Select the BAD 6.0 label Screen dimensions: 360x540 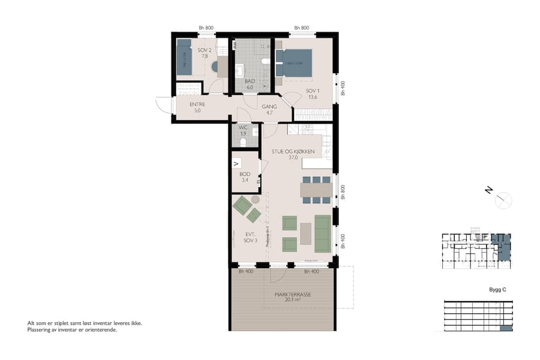[250, 83]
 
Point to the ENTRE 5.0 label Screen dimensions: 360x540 [197, 107]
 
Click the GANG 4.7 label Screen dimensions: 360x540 [269, 109]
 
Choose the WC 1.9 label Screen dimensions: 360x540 [243, 130]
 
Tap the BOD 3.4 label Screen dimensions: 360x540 [245, 176]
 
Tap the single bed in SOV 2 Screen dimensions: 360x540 [184, 57]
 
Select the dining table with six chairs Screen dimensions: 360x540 [316, 190]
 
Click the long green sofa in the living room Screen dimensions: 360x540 [323, 233]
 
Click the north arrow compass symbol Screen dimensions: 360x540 [503, 200]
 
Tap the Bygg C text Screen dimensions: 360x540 [497, 290]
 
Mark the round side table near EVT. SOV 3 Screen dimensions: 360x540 [255, 199]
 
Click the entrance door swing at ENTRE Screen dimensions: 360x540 [163, 106]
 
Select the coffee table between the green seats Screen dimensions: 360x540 [306, 233]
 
